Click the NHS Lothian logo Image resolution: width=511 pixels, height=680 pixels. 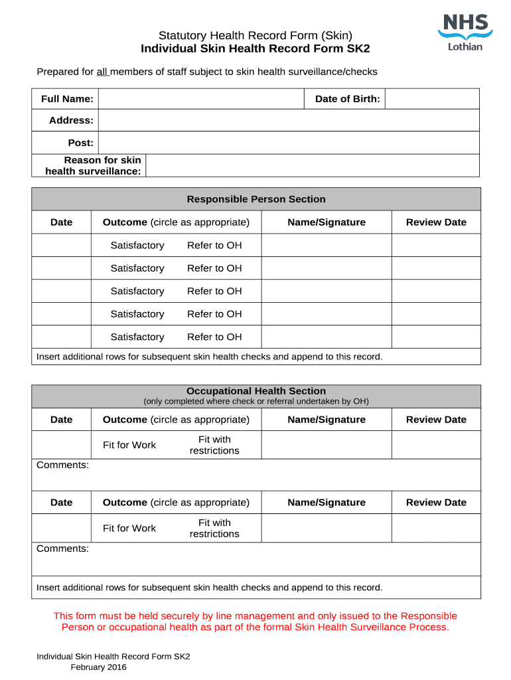coord(465,32)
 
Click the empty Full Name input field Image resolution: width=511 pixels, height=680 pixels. coord(201,99)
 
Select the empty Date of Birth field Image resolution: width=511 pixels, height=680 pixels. coord(432,99)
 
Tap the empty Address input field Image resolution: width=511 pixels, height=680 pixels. coord(289,120)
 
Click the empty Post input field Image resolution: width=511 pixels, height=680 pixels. coord(289,143)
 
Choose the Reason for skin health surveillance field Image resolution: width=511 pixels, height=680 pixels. coord(312,165)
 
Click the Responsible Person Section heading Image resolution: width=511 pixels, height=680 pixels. coord(256,199)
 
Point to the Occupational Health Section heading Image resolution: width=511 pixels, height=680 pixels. coord(256,391)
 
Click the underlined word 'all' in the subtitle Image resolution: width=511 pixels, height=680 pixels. coord(102,72)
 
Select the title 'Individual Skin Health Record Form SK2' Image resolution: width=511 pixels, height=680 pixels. coord(256,49)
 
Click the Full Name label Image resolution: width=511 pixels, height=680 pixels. coord(67,99)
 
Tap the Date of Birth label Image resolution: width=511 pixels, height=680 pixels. coord(347,99)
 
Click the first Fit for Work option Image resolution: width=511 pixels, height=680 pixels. coord(129,445)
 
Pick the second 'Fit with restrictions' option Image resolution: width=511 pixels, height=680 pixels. coord(214,529)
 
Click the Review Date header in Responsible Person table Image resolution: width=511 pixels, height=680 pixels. coord(436,222)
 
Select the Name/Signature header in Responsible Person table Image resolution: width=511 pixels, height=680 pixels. coord(327,222)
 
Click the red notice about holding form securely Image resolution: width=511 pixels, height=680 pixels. coord(256,622)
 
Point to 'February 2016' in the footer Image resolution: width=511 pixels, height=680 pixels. coord(98,667)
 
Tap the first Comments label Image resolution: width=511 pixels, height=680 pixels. coord(62,465)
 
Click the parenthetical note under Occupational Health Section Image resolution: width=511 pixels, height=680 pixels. coord(256,401)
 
